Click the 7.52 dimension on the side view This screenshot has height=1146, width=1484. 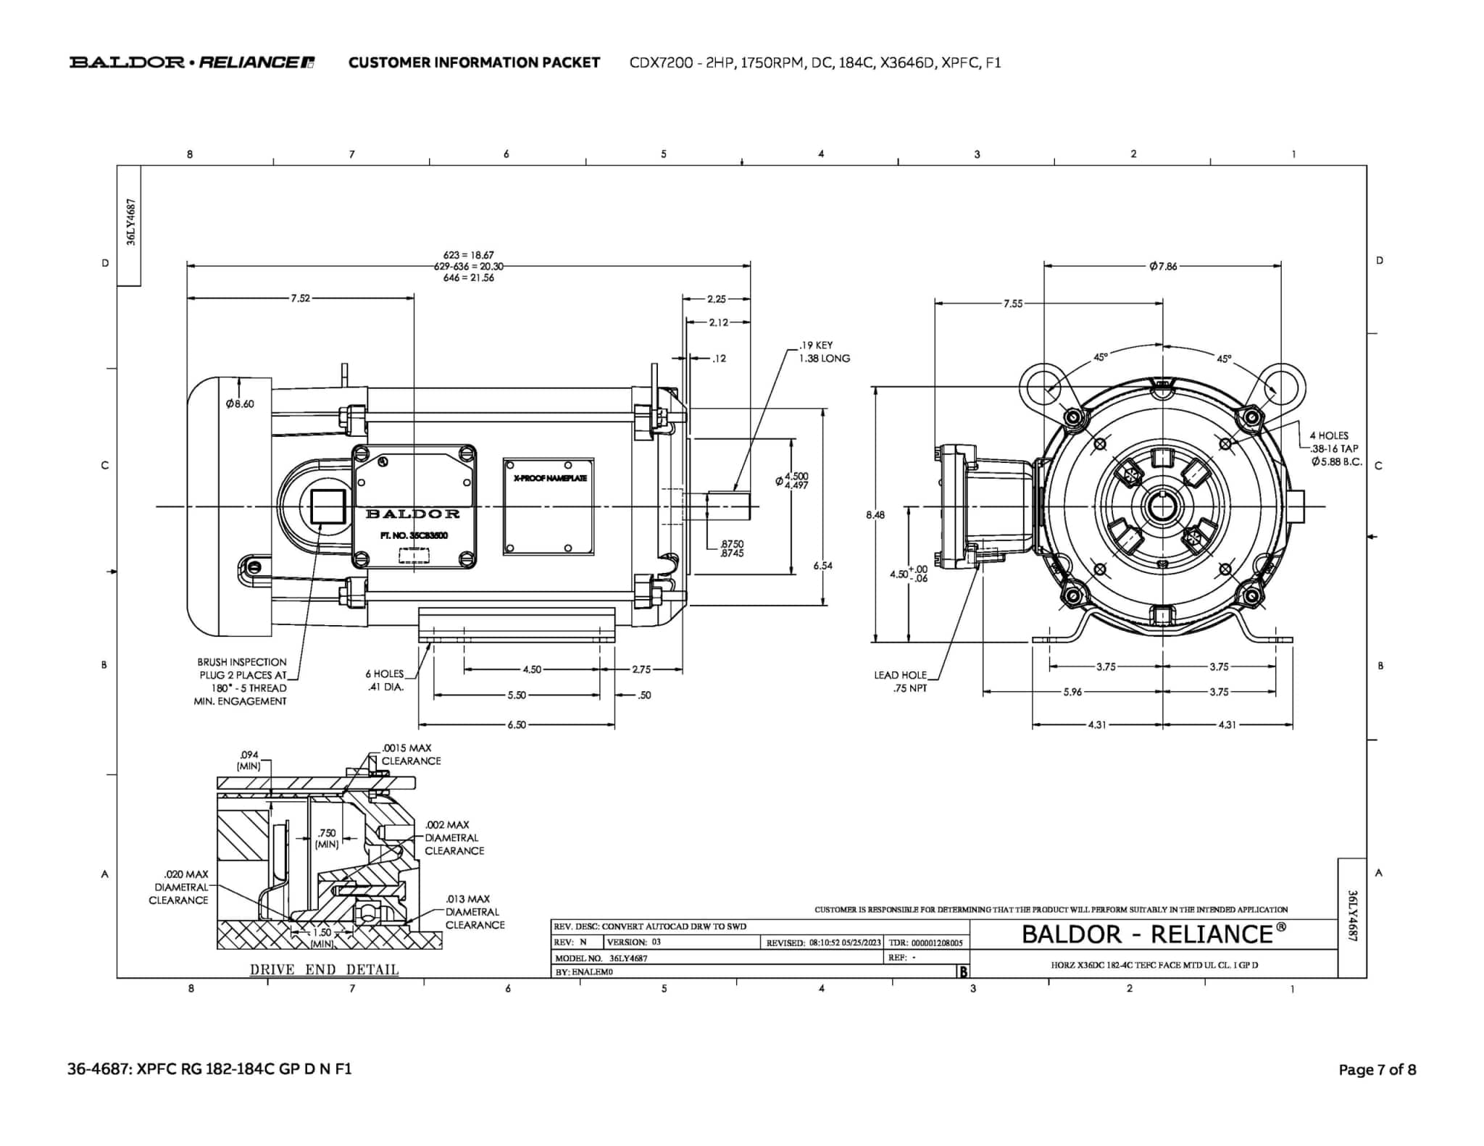(300, 298)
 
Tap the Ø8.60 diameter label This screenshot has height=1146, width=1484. (240, 403)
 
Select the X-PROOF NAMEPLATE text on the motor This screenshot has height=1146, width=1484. (549, 478)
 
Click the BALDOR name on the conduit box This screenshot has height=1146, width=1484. (413, 514)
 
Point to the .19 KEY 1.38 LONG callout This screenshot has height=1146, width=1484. (824, 352)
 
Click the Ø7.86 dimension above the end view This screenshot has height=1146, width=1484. (1162, 266)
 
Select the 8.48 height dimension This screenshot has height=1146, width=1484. (875, 515)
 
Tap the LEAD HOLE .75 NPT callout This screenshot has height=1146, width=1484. (901, 681)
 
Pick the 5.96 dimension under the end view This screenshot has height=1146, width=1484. (1072, 692)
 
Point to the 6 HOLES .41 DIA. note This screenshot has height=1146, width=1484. (384, 679)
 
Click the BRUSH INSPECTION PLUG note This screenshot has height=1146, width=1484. (241, 681)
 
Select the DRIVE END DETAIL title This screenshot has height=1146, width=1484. (324, 969)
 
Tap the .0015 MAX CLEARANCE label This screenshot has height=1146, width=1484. (410, 754)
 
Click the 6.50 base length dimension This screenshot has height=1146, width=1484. (517, 724)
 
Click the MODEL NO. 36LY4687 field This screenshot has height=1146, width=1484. (601, 958)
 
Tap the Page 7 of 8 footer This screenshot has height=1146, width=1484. (1377, 1069)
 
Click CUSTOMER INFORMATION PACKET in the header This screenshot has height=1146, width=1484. (474, 62)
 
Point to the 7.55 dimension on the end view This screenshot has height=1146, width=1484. (1012, 304)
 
